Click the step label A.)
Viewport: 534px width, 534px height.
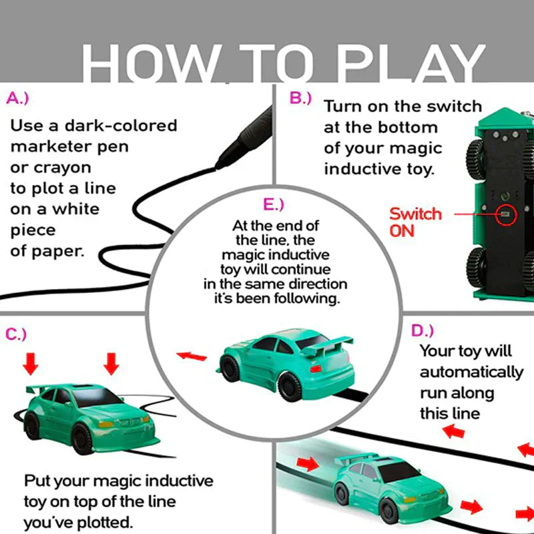18,98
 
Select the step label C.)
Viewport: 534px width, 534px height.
16,334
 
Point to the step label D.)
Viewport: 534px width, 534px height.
422,330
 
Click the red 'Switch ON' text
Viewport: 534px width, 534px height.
415,222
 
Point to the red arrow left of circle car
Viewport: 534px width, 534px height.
190,355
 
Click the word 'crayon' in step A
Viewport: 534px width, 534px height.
50,168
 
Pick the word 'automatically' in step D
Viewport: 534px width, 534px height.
471,372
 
